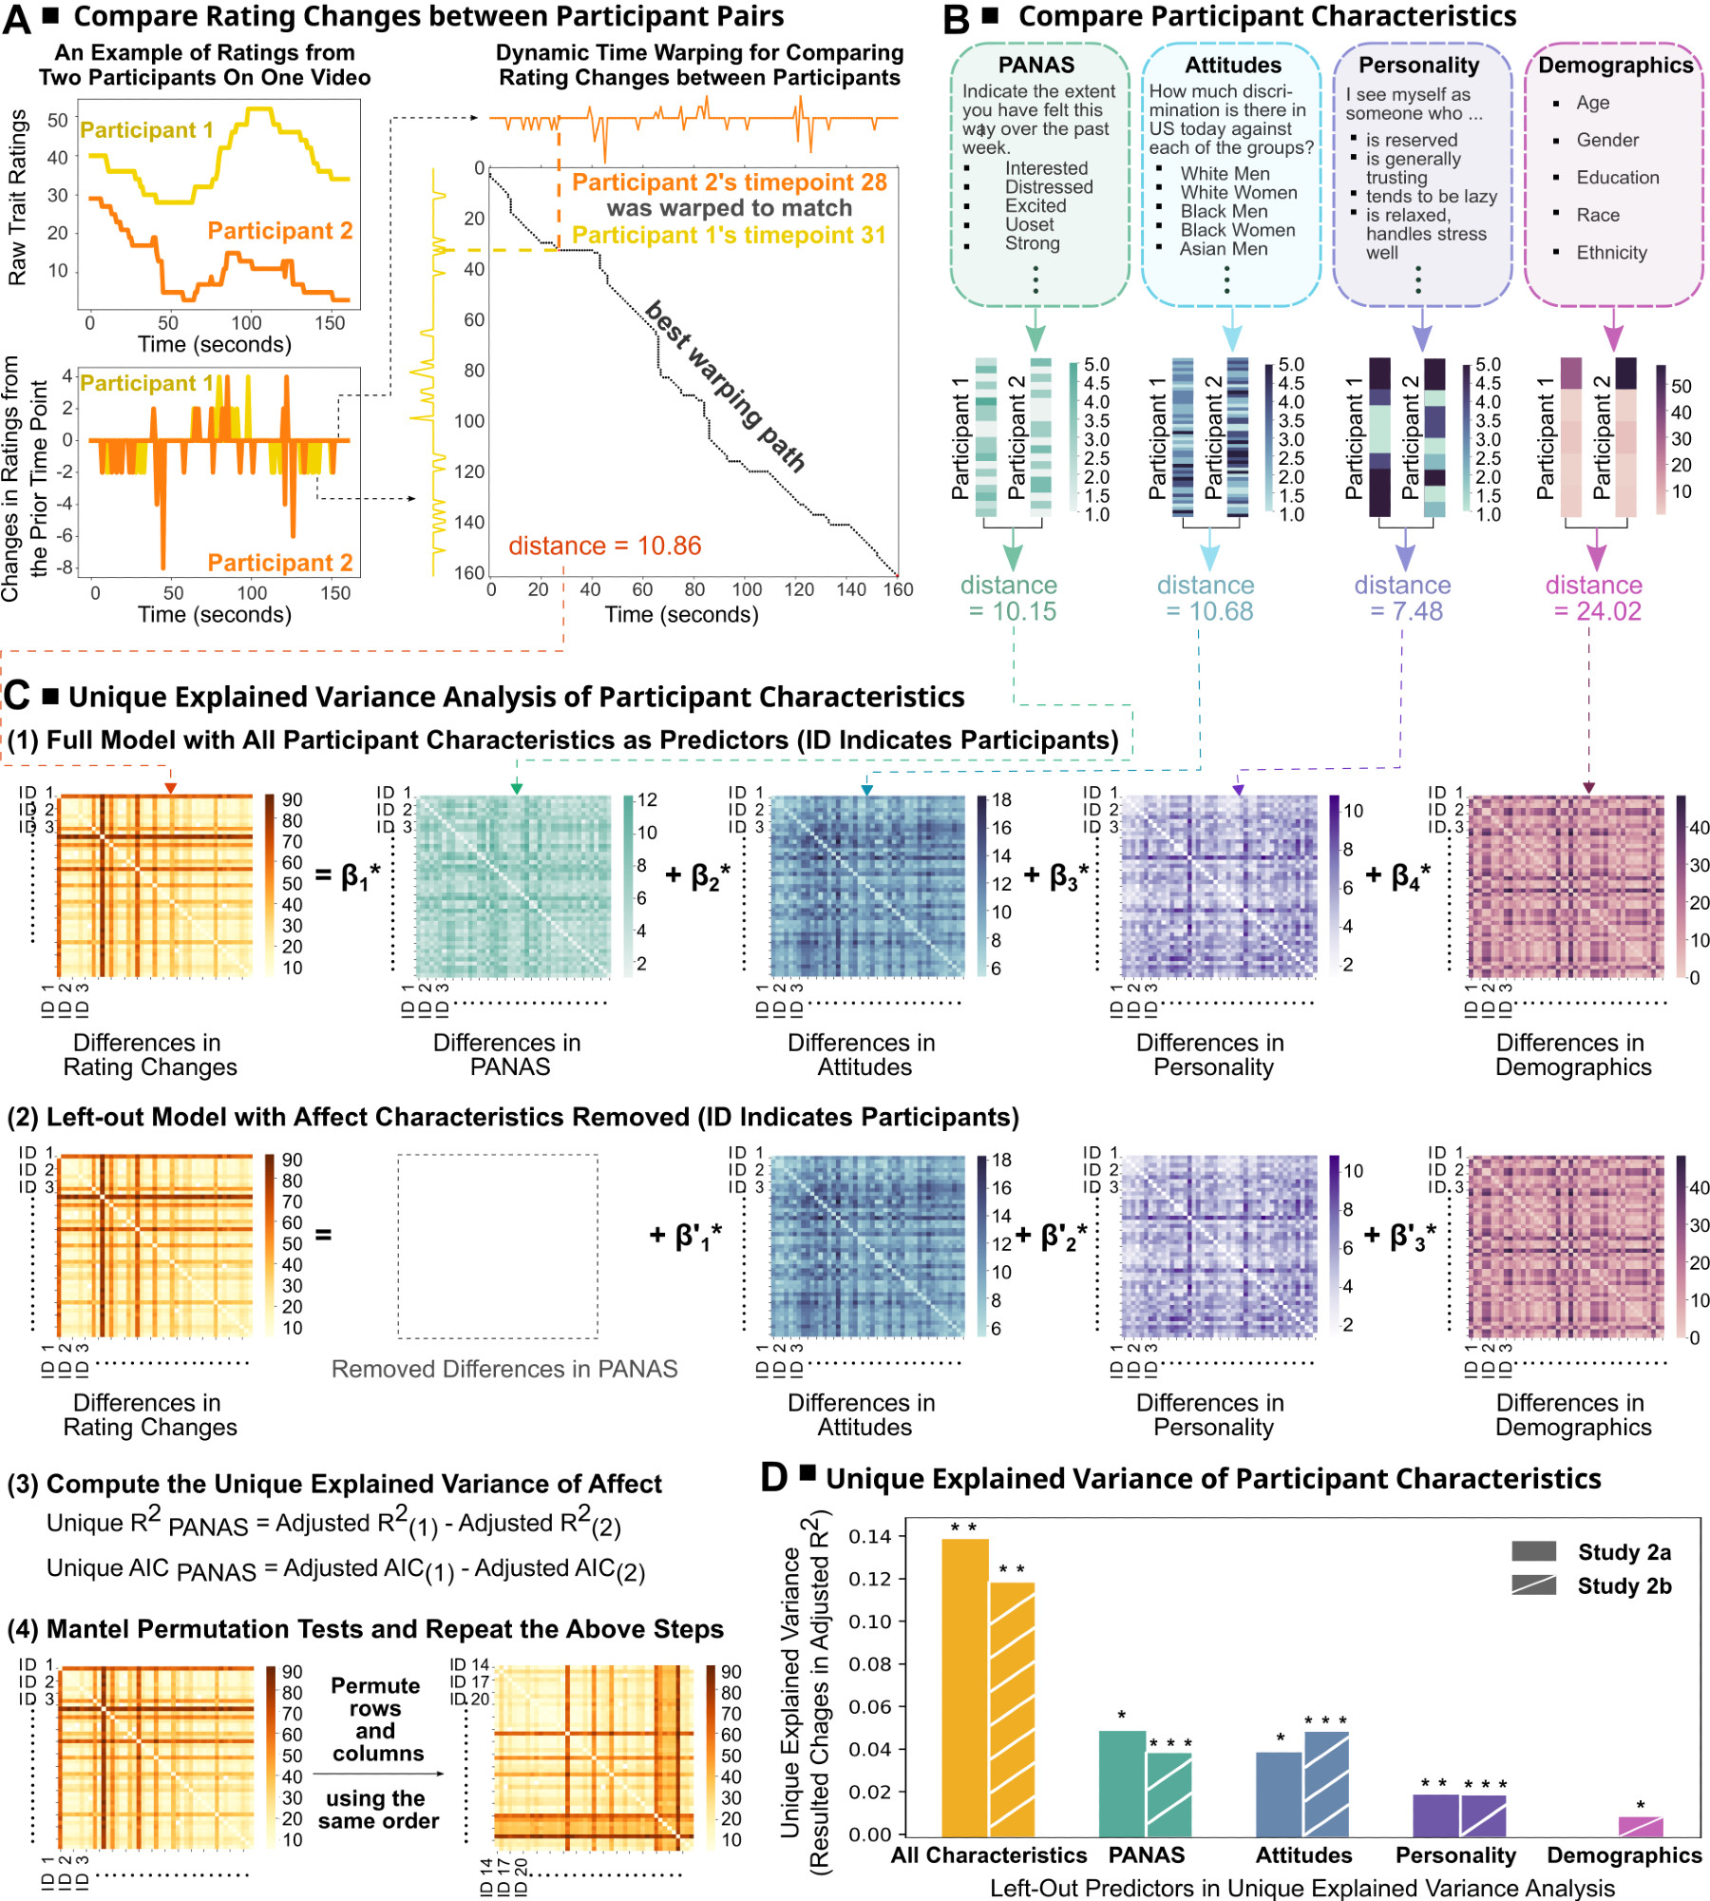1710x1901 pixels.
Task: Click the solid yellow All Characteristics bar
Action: [x=964, y=1687]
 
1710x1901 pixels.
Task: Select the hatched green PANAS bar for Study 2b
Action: [x=1168, y=1794]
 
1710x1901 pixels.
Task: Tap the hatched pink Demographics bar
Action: [x=1641, y=1825]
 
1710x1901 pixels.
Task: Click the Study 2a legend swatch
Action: [x=1533, y=1551]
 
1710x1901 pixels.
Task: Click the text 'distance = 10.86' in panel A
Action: [x=604, y=546]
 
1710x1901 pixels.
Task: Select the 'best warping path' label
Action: [x=725, y=386]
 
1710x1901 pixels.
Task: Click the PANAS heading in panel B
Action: [x=1035, y=65]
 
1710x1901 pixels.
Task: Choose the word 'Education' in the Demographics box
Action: [x=1617, y=178]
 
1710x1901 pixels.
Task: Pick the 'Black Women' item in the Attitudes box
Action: [x=1237, y=230]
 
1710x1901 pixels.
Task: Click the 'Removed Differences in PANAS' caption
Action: [x=503, y=1369]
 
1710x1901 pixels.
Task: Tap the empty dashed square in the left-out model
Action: [x=498, y=1246]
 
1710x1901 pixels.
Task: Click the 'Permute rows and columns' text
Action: [x=376, y=1719]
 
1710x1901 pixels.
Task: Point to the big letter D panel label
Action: [x=774, y=1477]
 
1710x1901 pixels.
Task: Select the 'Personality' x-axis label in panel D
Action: [x=1455, y=1854]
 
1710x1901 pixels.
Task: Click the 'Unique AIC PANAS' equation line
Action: [x=346, y=1569]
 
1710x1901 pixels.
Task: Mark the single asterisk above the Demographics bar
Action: [x=1641, y=1805]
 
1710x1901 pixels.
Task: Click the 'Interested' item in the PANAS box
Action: [x=1046, y=168]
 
